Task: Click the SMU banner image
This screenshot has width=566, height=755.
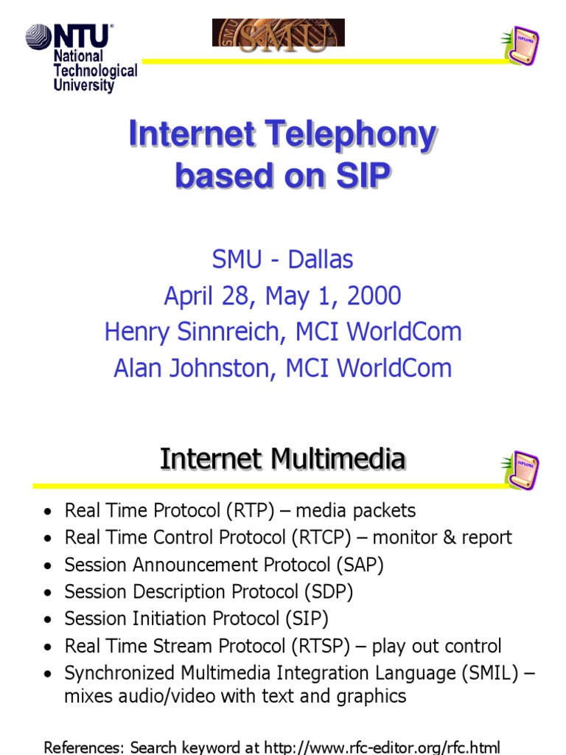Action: coord(279,33)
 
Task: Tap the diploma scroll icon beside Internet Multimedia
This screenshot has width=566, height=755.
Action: coord(522,470)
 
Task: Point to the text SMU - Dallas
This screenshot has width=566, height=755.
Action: coord(282,260)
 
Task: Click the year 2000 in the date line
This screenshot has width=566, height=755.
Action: coord(375,296)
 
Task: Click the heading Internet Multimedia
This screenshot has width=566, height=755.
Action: coord(282,459)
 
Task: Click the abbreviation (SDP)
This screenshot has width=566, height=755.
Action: coord(329,592)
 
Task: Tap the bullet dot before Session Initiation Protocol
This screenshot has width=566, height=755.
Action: coord(48,619)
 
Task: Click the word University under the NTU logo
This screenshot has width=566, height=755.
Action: coord(83,86)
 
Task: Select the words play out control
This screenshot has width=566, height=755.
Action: coord(436,647)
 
